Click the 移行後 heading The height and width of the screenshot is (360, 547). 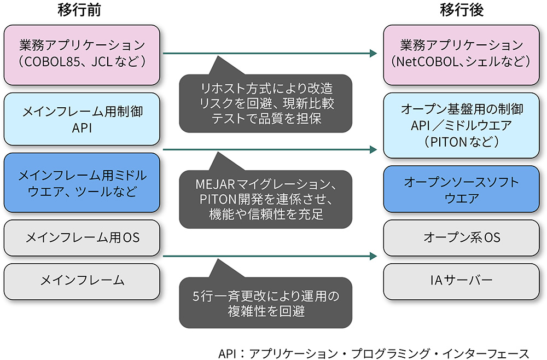[465, 10]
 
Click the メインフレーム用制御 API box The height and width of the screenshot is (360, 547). [82, 119]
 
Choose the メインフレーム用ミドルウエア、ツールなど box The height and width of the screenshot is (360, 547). [82, 184]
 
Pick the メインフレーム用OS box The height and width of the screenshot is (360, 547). [82, 238]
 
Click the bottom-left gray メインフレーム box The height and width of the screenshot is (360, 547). [82, 281]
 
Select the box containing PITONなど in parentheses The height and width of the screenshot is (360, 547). [465, 125]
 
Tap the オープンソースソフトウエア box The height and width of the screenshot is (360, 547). [465, 189]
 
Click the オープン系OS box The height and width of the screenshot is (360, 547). [465, 238]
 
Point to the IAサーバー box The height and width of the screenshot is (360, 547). [465, 281]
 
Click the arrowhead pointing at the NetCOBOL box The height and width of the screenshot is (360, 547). [374, 54]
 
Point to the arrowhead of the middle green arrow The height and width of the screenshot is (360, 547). [374, 149]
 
